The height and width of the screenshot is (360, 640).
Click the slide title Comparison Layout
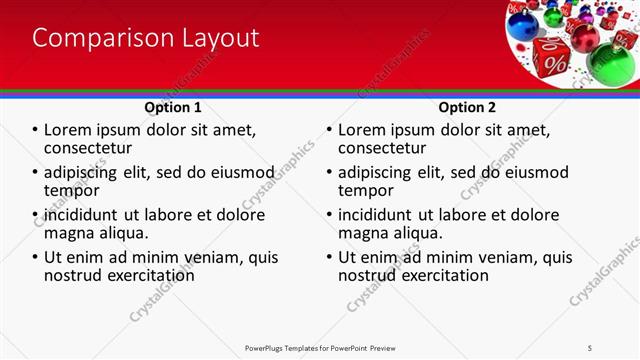point(146,38)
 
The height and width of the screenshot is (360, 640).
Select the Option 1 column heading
point(173,107)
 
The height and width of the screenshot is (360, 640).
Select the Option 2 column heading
point(466,107)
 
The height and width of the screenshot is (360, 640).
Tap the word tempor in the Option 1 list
point(72,190)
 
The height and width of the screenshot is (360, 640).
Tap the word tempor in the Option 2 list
point(366,190)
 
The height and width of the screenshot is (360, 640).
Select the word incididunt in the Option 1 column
point(81,215)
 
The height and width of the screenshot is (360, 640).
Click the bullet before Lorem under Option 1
point(36,130)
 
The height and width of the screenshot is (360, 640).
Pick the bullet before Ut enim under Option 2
point(329,257)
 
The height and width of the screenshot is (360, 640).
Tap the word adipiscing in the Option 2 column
point(377,172)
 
